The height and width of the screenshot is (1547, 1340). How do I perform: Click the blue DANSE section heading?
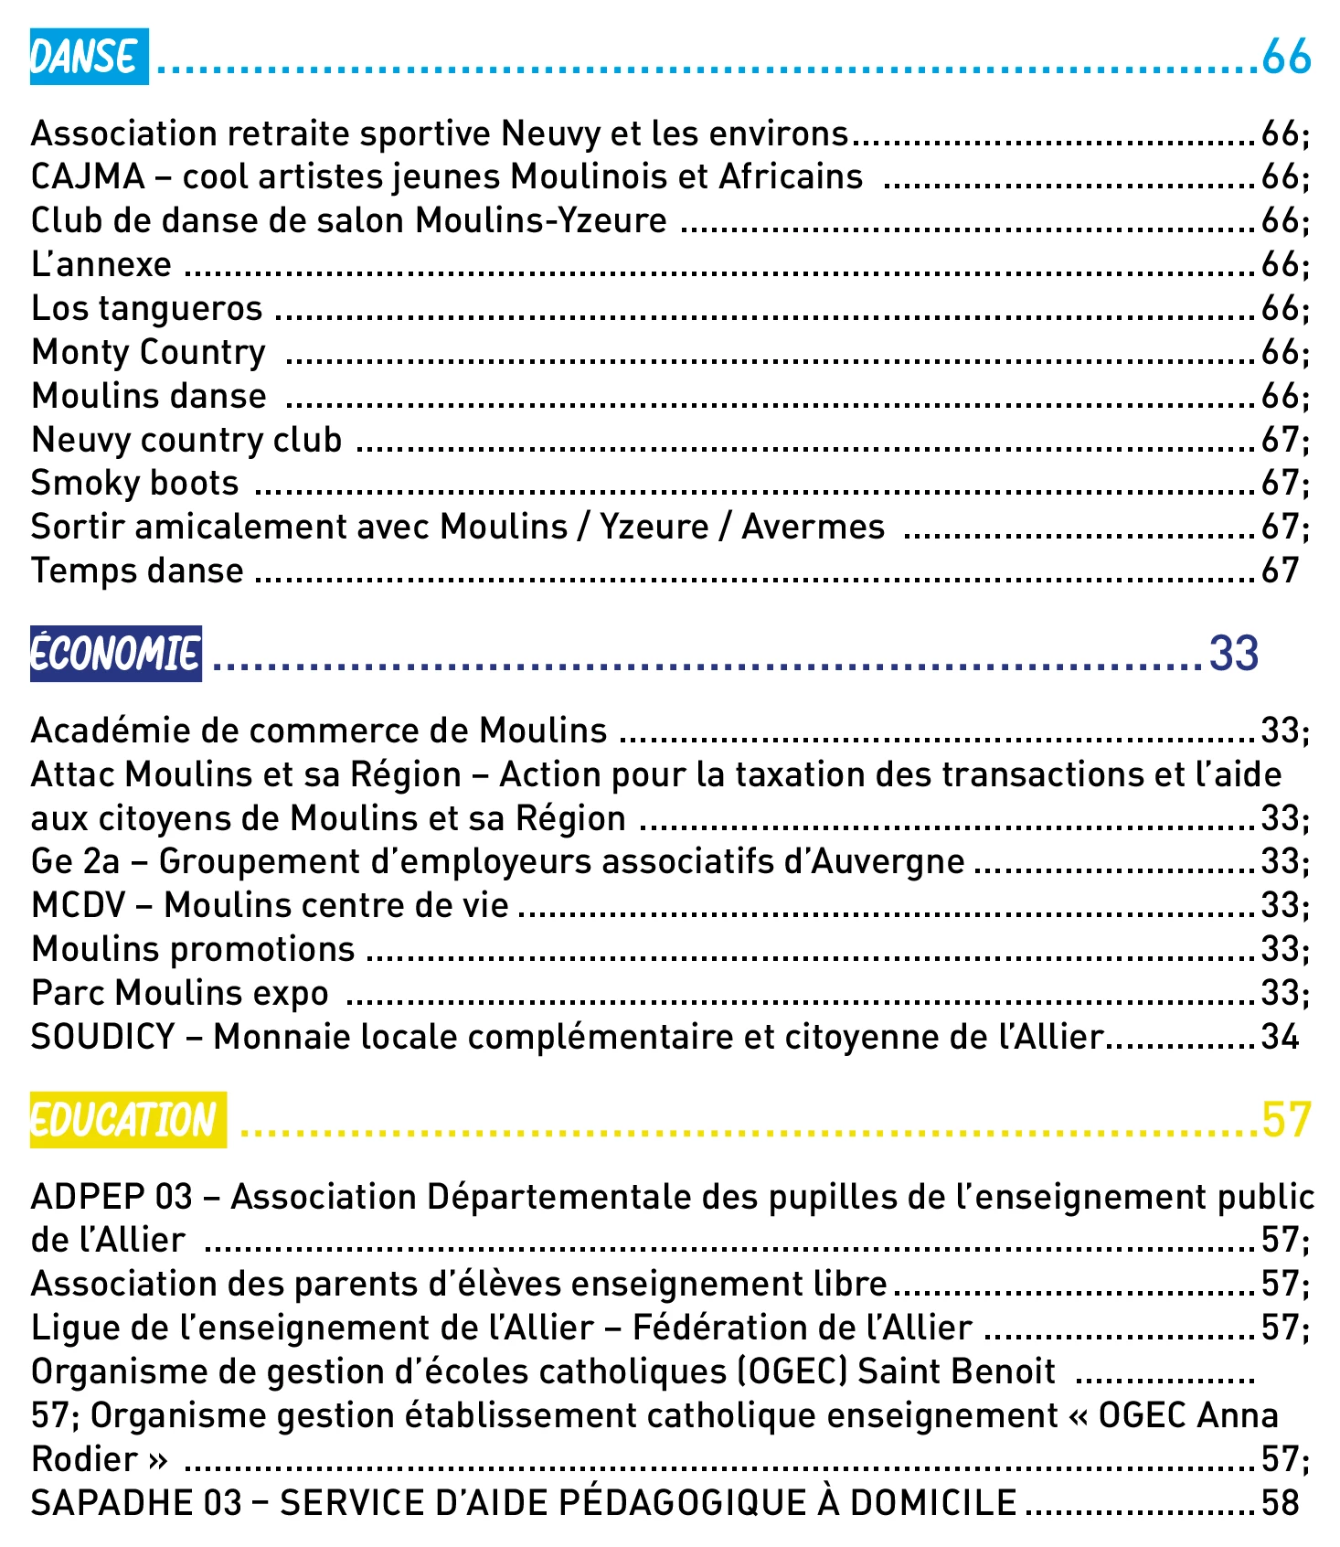click(89, 58)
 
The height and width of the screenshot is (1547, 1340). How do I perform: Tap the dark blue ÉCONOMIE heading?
click(116, 654)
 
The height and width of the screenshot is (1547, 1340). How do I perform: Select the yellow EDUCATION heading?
click(128, 1120)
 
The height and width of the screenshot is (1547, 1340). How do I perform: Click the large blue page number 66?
click(1286, 58)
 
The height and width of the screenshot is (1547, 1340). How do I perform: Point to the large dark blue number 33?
click(1234, 654)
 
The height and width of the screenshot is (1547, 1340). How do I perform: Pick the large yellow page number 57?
click(1286, 1120)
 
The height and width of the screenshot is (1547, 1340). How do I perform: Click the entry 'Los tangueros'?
click(146, 309)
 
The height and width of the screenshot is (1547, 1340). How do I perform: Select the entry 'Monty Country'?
click(148, 353)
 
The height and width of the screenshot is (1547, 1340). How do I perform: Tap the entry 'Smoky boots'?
click(134, 484)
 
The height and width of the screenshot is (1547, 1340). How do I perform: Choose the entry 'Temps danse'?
click(137, 571)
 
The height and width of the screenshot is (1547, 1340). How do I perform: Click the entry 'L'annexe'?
click(101, 265)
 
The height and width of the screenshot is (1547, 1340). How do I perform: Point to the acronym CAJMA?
click(88, 177)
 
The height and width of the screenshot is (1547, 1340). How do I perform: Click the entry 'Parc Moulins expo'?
click(179, 994)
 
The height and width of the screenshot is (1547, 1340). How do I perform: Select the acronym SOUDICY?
click(102, 1038)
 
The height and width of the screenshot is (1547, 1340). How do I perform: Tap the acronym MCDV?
click(78, 906)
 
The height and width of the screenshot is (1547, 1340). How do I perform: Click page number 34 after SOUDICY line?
click(1280, 1038)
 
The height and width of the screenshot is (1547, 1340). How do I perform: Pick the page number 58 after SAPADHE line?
click(1280, 1504)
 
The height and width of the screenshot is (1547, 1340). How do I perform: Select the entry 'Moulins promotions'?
click(193, 950)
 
